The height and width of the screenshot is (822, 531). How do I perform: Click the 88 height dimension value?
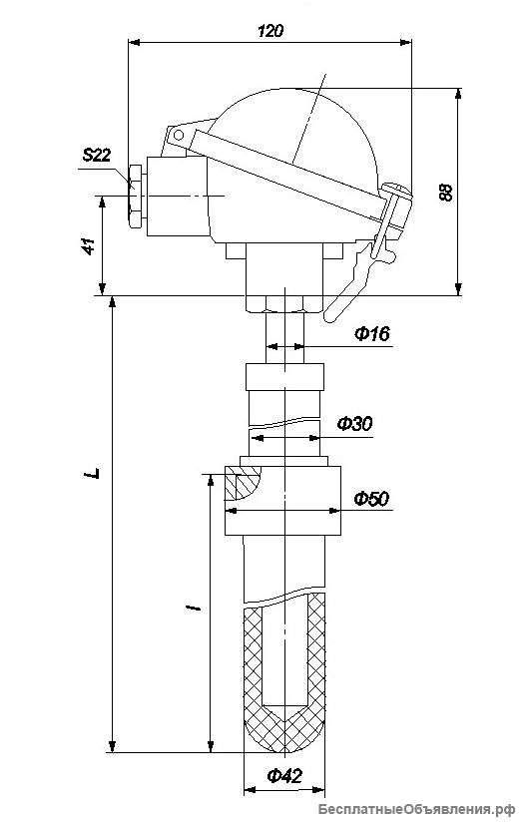pyautogui.click(x=445, y=193)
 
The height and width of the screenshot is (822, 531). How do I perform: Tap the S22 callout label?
pyautogui.click(x=97, y=156)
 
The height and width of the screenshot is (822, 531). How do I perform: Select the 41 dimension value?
pyautogui.click(x=89, y=245)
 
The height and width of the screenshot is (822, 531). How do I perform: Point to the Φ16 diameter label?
pyautogui.click(x=372, y=333)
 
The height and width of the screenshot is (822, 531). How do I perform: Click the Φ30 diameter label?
pyautogui.click(x=355, y=423)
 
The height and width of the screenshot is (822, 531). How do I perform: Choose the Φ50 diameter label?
pyautogui.click(x=371, y=498)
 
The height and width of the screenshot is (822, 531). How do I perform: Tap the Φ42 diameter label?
pyautogui.click(x=284, y=775)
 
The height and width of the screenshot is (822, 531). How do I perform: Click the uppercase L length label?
pyautogui.click(x=93, y=472)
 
